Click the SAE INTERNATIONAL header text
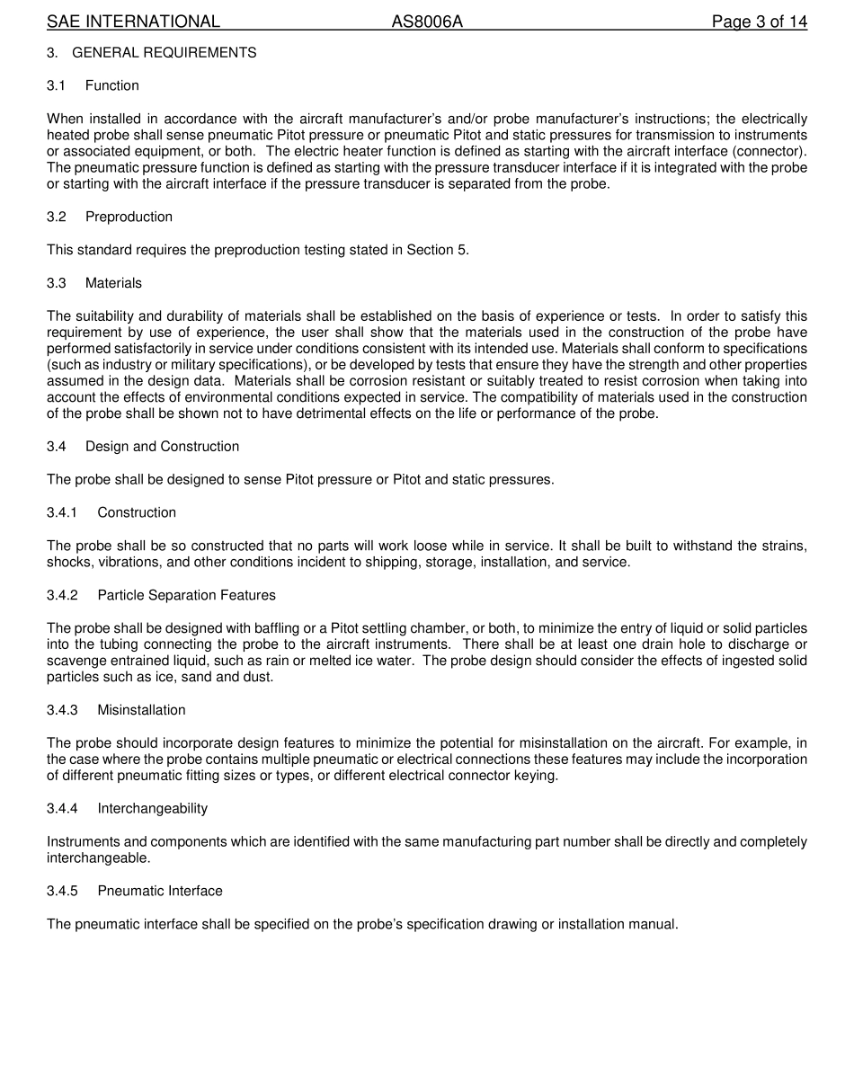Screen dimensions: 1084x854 133,22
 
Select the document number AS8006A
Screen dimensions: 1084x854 427,22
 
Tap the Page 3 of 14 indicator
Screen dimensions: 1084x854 759,22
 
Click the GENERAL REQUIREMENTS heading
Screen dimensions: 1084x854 164,53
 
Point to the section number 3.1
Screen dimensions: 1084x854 57,85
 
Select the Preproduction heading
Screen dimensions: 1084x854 129,217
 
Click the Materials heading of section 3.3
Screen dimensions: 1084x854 113,283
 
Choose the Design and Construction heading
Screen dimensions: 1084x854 162,447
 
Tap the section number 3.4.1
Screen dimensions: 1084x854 62,512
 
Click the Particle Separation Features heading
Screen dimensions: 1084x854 186,595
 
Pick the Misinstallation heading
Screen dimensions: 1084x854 141,710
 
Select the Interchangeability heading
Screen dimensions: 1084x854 152,808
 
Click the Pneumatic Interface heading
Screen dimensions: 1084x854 160,891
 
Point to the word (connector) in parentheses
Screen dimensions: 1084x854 775,151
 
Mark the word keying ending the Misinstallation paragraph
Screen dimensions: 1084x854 537,775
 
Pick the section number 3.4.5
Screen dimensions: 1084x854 62,891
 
